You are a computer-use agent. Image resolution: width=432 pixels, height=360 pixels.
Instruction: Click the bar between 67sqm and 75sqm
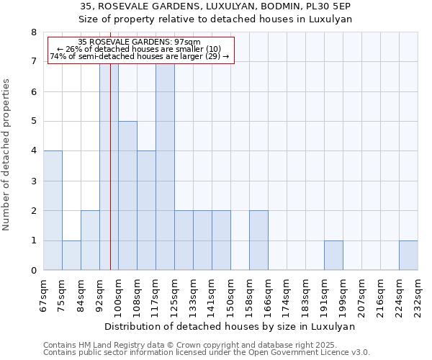pos(53,210)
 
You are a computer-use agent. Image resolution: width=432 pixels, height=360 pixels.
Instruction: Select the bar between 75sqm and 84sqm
pos(71,255)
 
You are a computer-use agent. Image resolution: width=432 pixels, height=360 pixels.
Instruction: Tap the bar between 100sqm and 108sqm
pos(127,195)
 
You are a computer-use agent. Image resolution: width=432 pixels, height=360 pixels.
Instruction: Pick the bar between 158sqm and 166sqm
pos(258,240)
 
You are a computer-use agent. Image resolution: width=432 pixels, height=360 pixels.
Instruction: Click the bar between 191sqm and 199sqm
pos(333,255)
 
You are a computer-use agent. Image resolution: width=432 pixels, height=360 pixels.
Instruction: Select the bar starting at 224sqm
pos(408,255)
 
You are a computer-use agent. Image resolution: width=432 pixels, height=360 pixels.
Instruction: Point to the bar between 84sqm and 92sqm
pos(90,240)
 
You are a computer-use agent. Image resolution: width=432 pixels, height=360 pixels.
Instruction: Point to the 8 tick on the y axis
pos(34,32)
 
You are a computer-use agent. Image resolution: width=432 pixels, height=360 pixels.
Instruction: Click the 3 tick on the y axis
pos(34,181)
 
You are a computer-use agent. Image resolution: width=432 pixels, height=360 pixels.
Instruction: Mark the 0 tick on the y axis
pos(34,270)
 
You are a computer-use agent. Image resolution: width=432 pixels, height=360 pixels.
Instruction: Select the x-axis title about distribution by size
pos(230,326)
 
